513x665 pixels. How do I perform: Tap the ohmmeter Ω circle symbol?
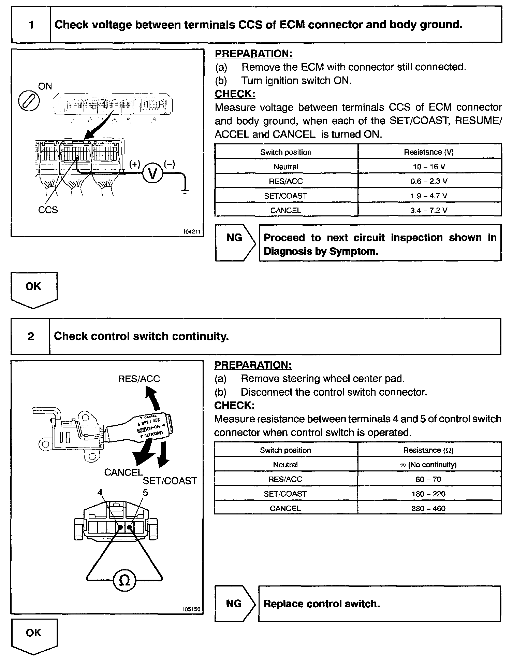pos(124,580)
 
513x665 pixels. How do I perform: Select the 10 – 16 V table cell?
pos(429,167)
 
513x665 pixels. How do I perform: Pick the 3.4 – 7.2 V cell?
pos(429,210)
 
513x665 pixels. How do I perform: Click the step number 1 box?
pos(31,25)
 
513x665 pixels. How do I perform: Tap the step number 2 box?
pos(31,336)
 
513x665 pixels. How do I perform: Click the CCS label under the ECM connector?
pos(48,210)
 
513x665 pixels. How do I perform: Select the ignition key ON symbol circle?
pos(29,101)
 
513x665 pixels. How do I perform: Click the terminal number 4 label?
pos(100,493)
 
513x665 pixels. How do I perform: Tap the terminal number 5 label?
pos(145,493)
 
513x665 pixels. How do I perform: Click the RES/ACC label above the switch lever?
pos(139,379)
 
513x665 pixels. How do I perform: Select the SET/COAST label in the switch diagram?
pos(170,481)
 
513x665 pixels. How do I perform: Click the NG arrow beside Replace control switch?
pos(235,604)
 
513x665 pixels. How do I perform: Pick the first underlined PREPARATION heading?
pos(253,54)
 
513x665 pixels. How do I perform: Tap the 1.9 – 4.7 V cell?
pos(429,196)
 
